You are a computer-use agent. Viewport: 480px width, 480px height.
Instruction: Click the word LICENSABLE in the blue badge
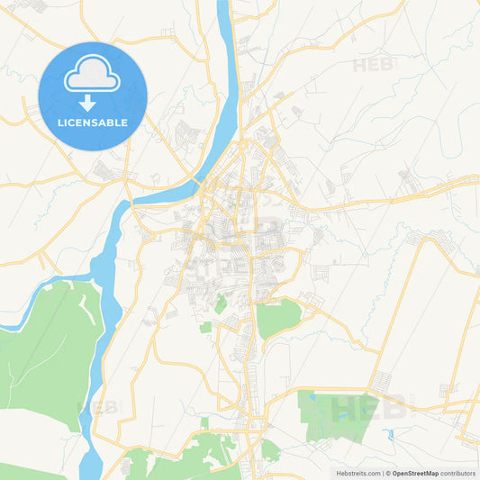tap(93, 122)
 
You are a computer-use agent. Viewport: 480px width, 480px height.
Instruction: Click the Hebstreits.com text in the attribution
tap(358, 472)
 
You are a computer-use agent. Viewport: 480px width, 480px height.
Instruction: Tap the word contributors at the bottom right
tap(458, 472)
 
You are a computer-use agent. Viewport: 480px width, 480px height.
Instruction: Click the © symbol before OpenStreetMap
tap(388, 472)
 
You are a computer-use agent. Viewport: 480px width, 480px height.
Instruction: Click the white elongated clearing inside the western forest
tap(90, 307)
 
